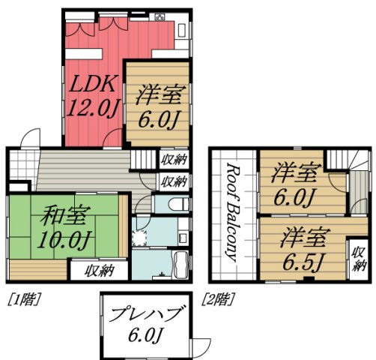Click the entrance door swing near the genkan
tap(29, 138)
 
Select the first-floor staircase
tap(143, 158)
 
